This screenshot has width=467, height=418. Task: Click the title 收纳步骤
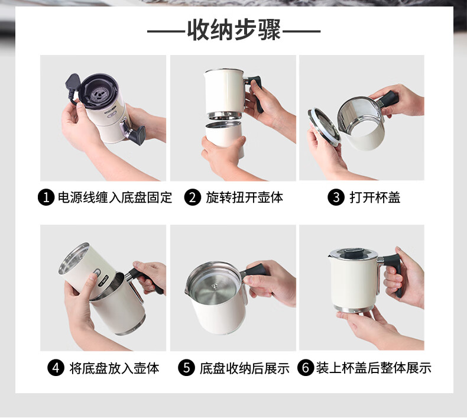(234, 30)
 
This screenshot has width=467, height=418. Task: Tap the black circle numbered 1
(46, 197)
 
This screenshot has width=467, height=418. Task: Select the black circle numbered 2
(192, 197)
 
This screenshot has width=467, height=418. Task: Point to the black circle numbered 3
(336, 197)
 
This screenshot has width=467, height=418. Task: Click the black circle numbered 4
(56, 368)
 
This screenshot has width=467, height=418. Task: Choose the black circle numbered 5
(186, 368)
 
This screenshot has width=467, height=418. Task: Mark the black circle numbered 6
(306, 368)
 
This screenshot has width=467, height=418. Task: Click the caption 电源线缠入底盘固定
(115, 197)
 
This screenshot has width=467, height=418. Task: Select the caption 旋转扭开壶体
(244, 197)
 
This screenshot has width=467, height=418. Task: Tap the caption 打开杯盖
(375, 197)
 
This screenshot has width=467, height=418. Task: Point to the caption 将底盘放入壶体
(114, 368)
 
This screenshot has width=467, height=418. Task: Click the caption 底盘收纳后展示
(245, 368)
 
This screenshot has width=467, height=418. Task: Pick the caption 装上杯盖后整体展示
(374, 368)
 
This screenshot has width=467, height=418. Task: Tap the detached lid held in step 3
(324, 127)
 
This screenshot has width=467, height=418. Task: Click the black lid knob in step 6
(354, 253)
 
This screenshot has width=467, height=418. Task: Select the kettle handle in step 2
(255, 93)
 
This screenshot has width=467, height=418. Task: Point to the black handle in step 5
(255, 271)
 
